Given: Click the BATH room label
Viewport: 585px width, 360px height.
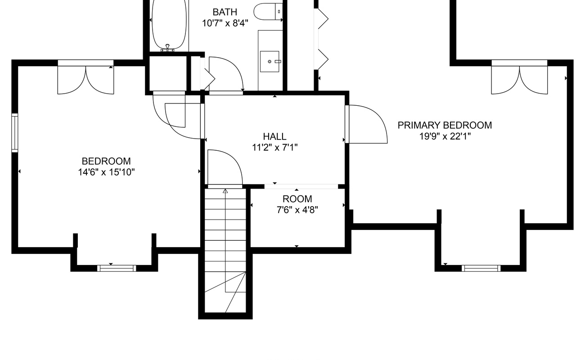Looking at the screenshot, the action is coord(225,12).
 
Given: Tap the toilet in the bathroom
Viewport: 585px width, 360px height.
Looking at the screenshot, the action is coord(268,11).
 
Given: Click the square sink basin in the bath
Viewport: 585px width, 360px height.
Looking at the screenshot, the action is coord(270,61).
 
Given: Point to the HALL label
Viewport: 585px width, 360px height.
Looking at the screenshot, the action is coord(274,136).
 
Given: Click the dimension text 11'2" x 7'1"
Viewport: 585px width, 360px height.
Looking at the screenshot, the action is coord(275,148).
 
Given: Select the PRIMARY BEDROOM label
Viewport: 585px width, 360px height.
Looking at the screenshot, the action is coord(445,126).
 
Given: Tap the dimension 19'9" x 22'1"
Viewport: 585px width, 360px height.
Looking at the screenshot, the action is coord(445,136).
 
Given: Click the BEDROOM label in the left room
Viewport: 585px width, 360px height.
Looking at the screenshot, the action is coord(106,161).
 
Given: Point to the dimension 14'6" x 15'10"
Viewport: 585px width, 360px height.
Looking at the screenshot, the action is coord(106,172).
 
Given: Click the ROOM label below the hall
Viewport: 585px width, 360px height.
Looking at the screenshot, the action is coord(297,199).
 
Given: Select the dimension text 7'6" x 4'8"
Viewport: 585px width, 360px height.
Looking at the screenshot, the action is coord(297,210).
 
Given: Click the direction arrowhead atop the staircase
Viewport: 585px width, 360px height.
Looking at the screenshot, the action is coord(225,191).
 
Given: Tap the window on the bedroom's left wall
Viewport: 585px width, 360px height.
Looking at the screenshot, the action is coord(14,133).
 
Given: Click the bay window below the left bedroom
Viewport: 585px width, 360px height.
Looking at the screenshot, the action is coord(117,268).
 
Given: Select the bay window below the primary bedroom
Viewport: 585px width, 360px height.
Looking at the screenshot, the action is coord(481,268).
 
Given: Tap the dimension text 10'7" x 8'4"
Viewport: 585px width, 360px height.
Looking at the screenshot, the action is coord(225,23).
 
